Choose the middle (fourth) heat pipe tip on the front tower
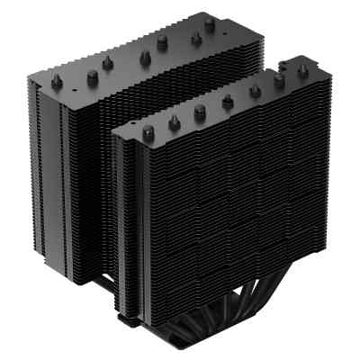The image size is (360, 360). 227,101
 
